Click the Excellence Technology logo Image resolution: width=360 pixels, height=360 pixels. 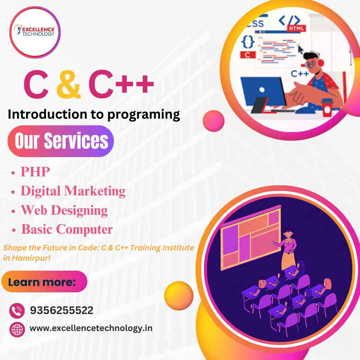click(x=35, y=32)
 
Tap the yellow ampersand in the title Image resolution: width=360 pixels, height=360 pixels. click(x=68, y=85)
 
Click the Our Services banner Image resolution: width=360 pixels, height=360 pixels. click(x=61, y=141)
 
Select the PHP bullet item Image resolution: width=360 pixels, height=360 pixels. click(x=35, y=172)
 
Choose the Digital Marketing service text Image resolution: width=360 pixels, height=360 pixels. click(x=73, y=191)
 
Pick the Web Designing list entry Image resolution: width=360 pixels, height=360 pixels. click(x=64, y=210)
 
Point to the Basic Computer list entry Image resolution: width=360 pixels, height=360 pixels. click(x=67, y=229)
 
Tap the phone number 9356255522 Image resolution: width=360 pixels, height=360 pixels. click(x=62, y=311)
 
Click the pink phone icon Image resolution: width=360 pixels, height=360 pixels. click(x=17, y=311)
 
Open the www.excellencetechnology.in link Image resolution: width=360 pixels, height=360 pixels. click(x=91, y=328)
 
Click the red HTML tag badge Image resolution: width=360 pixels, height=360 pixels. click(x=296, y=28)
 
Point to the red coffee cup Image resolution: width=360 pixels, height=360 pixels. click(x=327, y=107)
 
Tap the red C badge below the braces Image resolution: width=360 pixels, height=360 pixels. click(x=248, y=55)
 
